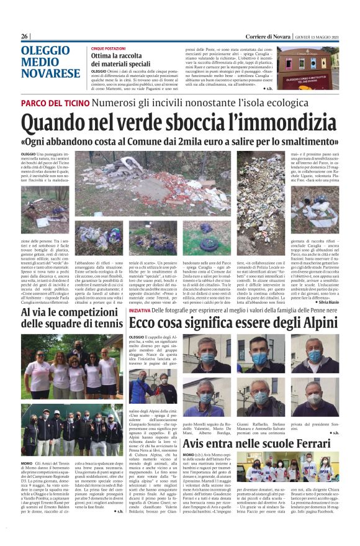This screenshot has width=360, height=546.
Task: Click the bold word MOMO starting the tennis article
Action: [27, 463]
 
